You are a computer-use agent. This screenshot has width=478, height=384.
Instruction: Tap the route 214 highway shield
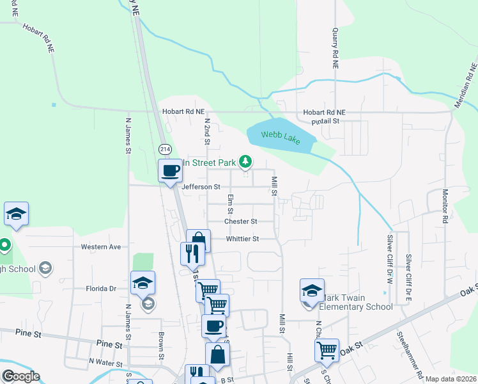tap(166, 148)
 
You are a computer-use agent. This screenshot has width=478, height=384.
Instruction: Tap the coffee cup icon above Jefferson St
tap(170, 171)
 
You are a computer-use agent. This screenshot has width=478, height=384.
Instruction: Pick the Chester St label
tap(240, 221)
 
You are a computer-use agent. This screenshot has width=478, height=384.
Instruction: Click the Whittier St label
tap(242, 239)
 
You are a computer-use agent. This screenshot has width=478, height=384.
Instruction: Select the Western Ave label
tap(101, 246)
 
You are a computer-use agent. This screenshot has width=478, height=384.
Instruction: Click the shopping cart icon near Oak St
tap(327, 350)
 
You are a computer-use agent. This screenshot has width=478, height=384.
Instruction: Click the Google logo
tap(20, 376)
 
